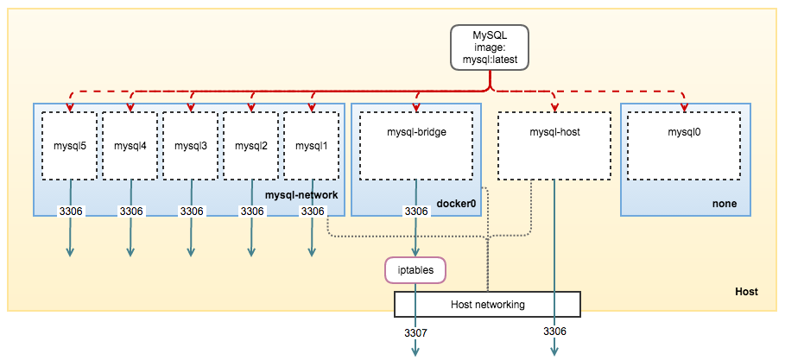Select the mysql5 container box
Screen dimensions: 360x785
click(71, 145)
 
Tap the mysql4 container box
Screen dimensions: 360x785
click(131, 145)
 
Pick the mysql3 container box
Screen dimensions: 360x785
click(192, 145)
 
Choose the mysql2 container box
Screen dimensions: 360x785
click(252, 145)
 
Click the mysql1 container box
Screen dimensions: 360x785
click(312, 145)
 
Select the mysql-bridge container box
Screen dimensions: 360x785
click(416, 145)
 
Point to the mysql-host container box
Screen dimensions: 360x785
click(554, 145)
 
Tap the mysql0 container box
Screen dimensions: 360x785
click(686, 145)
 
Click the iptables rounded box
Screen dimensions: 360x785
click(415, 270)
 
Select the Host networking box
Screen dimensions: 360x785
click(487, 305)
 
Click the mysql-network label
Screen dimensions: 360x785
click(301, 196)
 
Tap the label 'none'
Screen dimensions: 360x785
click(725, 205)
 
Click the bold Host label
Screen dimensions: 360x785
click(745, 292)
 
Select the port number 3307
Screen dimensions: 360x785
click(415, 332)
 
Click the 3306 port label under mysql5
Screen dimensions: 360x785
click(70, 212)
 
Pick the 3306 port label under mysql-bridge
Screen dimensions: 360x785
click(416, 212)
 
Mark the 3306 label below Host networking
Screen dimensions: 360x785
click(554, 332)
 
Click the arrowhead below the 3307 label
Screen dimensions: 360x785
click(415, 351)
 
